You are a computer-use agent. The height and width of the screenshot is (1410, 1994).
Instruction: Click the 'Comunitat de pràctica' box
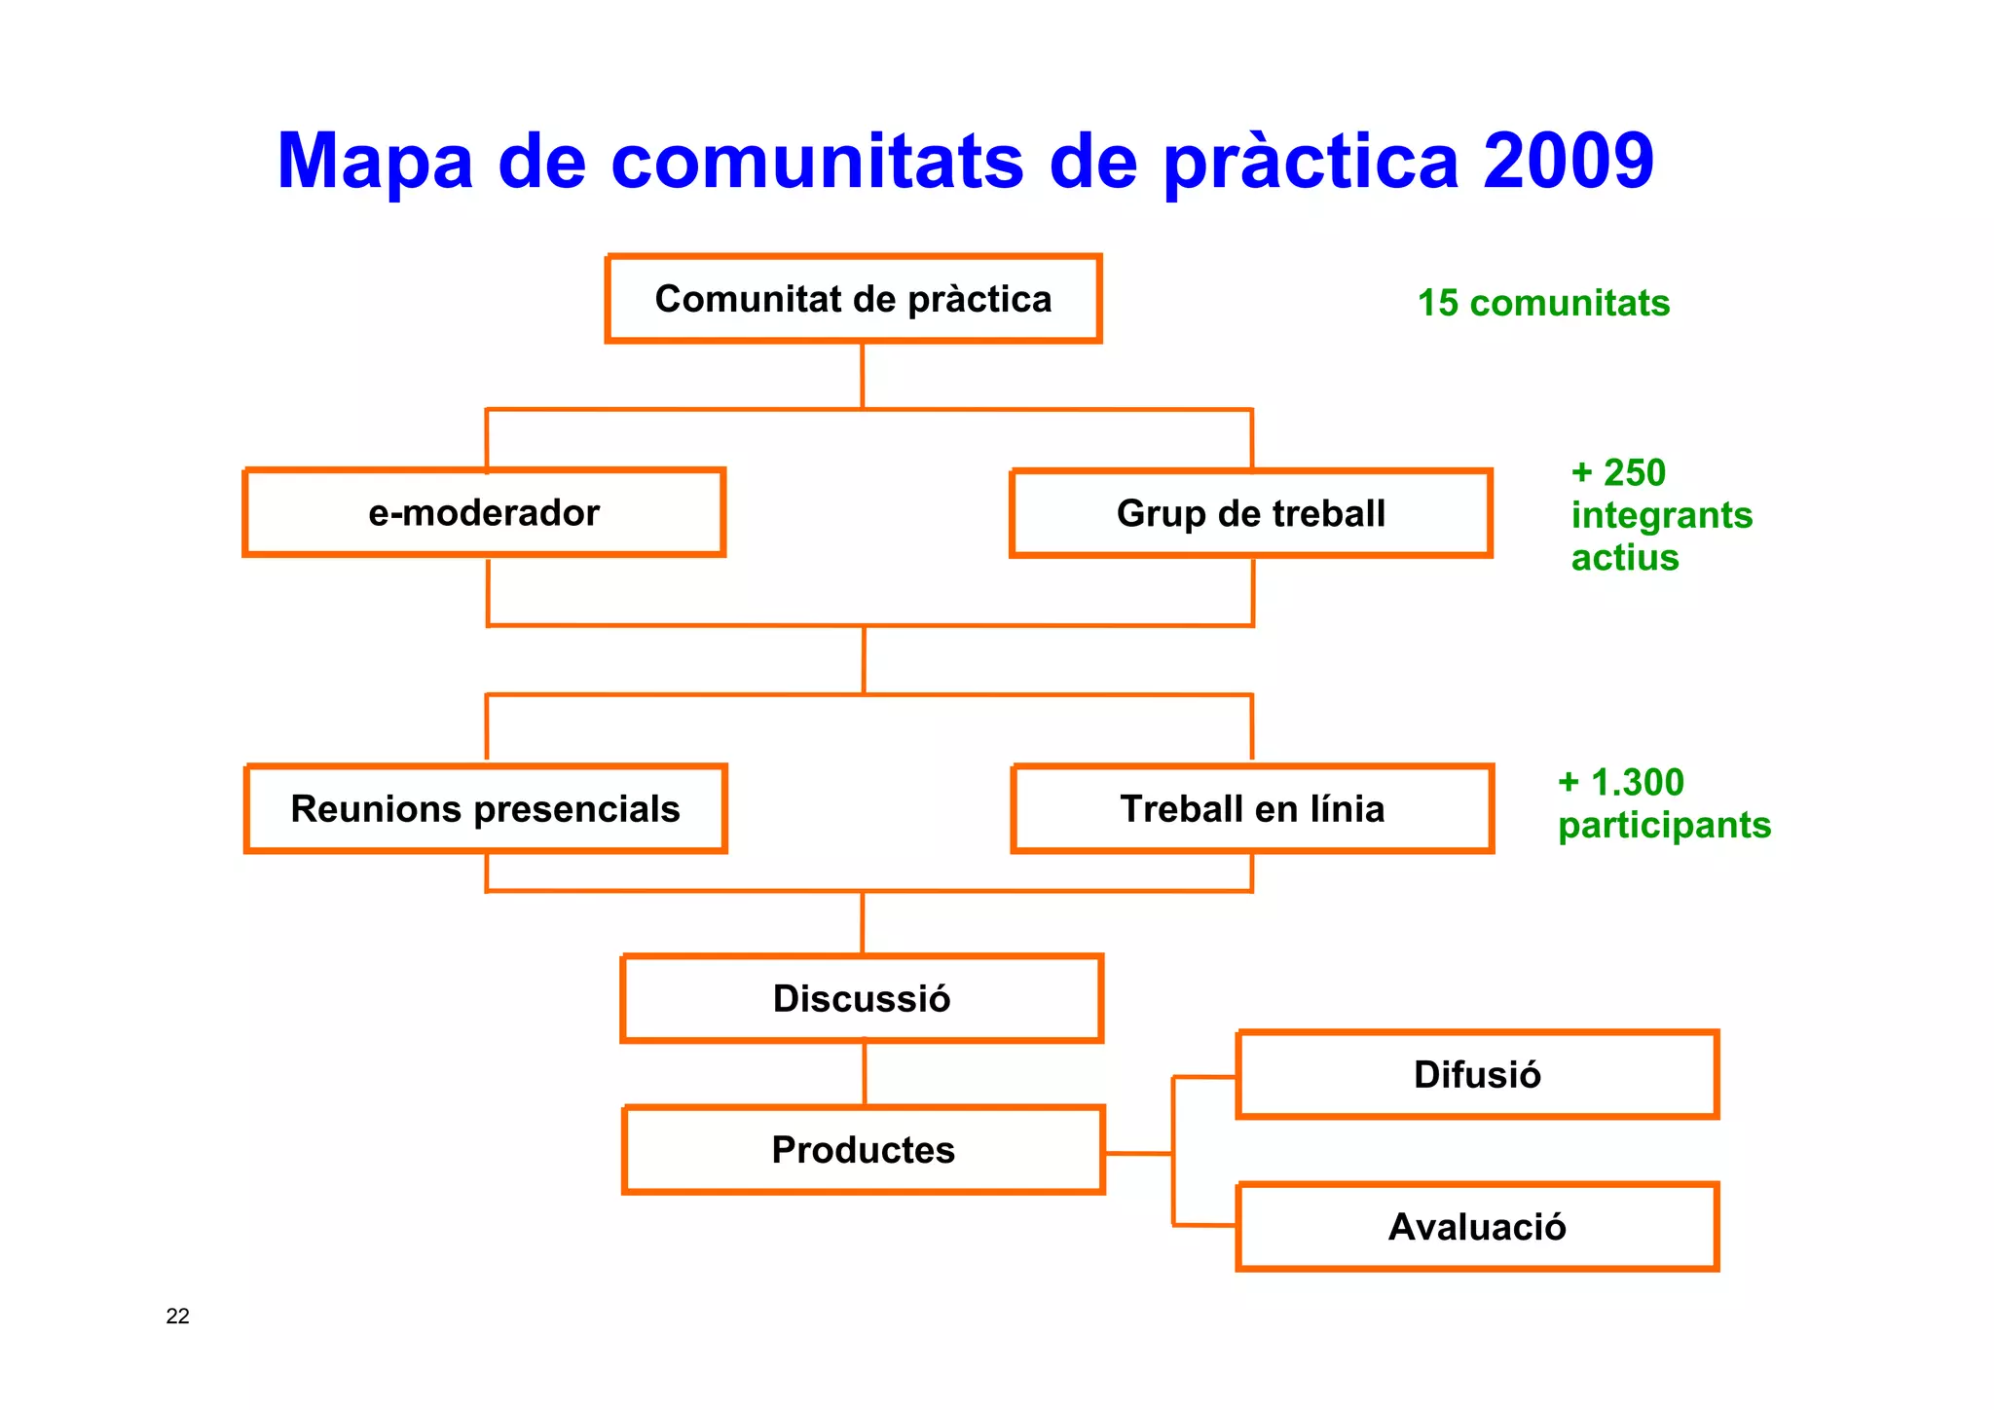853,299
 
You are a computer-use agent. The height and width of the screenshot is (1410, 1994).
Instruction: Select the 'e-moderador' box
484,513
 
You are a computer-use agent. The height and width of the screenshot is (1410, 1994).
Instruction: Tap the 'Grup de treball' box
1251,514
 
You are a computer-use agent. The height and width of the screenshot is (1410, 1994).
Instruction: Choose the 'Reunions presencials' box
485,809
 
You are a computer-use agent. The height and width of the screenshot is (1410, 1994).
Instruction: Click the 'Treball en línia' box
1252,809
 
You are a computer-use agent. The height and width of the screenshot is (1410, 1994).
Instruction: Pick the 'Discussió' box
862,999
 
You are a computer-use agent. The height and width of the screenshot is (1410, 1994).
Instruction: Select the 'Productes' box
864,1150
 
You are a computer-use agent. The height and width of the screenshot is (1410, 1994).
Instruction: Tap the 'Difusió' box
1477,1075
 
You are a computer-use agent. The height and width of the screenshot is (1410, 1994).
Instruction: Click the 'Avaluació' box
1477,1227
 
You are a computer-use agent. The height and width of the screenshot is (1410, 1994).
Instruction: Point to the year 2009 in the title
1568,161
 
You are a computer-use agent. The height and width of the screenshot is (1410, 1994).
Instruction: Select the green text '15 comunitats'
1543,304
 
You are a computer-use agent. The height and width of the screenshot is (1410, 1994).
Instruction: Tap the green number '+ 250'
1618,473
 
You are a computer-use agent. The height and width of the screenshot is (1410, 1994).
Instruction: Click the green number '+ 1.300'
1621,783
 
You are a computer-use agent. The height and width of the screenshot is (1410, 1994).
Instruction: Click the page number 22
177,1317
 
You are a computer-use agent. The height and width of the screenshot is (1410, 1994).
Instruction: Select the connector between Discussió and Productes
865,1074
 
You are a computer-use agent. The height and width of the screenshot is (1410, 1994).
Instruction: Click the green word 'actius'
1625,558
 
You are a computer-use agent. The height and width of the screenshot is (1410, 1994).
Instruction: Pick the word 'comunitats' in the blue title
817,161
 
